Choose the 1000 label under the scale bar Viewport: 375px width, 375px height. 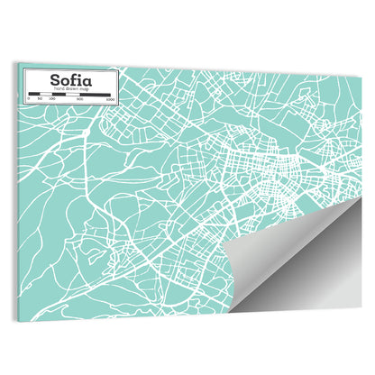pyautogui.click(x=108, y=100)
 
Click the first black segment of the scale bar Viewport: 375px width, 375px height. pyautogui.click(x=32, y=95)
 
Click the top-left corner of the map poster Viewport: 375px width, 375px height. pyautogui.click(x=17, y=63)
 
